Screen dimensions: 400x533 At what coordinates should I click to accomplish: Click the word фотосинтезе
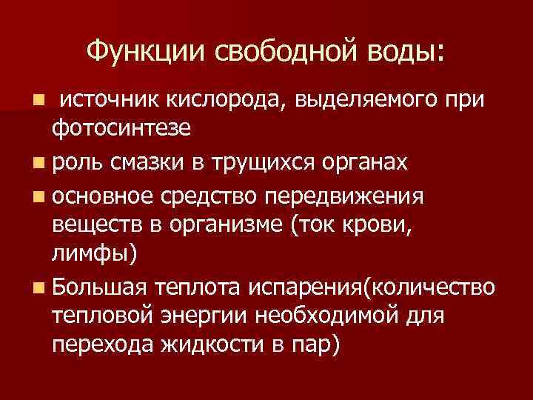click(121, 129)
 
